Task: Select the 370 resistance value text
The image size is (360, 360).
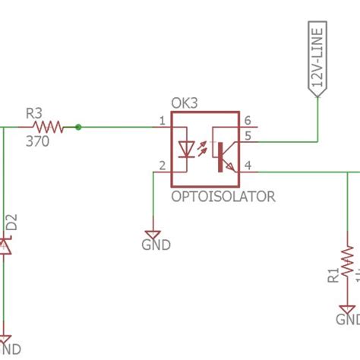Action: click(38, 141)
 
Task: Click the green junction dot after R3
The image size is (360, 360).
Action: click(78, 127)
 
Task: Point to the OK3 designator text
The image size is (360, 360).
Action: click(185, 102)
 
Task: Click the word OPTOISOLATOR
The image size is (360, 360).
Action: click(223, 197)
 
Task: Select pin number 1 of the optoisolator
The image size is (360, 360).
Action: click(162, 121)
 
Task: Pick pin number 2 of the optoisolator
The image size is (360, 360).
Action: click(162, 166)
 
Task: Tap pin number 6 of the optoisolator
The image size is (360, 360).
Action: click(247, 121)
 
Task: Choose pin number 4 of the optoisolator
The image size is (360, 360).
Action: click(247, 166)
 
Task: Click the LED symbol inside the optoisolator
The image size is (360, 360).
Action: click(187, 149)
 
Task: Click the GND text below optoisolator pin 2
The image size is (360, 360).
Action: click(156, 245)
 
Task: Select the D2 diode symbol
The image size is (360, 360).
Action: click(5, 245)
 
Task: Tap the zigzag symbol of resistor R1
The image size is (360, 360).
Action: click(348, 262)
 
